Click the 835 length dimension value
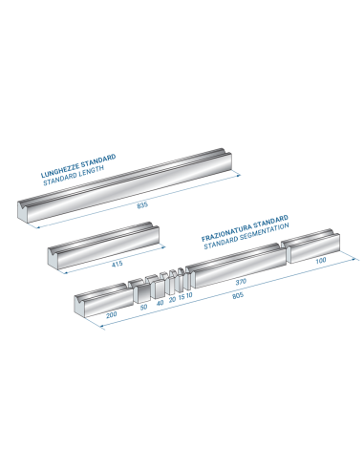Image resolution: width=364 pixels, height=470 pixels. point(142,205)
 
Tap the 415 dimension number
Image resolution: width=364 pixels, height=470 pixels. point(118,264)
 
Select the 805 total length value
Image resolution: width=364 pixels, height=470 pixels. point(238,295)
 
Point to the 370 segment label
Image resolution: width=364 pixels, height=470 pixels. point(241,282)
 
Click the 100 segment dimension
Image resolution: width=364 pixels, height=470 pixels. point(321,260)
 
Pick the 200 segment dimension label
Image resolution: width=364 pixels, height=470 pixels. point(112,315)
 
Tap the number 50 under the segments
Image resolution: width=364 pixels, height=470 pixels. point(143,307)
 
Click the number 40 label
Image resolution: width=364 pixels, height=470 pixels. point(161,303)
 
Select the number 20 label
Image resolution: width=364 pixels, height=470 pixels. point(172,299)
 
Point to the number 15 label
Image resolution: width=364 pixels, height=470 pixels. point(182,297)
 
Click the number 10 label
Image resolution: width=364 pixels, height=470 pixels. point(189,295)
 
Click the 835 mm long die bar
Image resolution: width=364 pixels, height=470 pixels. point(124,184)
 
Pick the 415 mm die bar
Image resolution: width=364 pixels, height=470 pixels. point(103,246)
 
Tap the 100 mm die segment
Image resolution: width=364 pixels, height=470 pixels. point(310,246)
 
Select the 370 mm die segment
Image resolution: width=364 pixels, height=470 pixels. point(236,266)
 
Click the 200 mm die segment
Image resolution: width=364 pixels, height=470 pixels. point(103,299)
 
